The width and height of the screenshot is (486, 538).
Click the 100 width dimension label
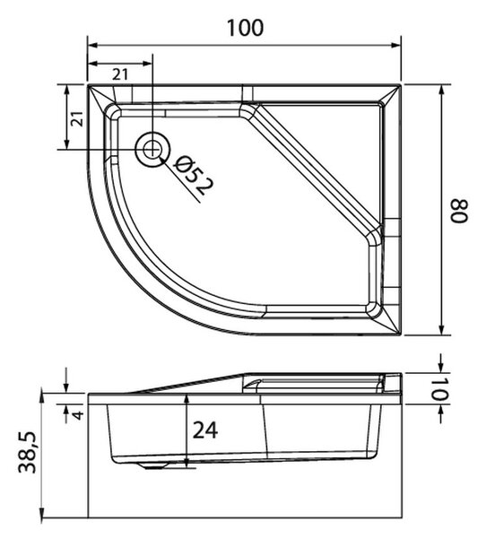[x=245, y=28]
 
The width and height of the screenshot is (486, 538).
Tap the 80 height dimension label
[x=459, y=211]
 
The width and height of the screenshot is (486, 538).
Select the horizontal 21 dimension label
[x=120, y=74]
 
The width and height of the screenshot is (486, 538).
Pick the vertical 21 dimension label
[x=79, y=118]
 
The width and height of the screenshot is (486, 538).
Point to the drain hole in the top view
[x=152, y=150]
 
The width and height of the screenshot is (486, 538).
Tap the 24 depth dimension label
[x=205, y=430]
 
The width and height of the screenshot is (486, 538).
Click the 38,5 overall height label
[x=27, y=452]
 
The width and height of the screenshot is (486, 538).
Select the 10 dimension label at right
[x=439, y=389]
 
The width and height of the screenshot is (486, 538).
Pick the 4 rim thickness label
[x=79, y=415]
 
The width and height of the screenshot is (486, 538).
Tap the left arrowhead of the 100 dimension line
[x=93, y=46]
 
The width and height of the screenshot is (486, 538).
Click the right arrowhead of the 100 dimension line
[x=395, y=46]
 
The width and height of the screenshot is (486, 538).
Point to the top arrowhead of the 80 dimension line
[x=442, y=91]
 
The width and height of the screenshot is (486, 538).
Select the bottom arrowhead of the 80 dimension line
[x=442, y=329]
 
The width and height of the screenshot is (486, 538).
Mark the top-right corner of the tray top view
[x=401, y=84]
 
